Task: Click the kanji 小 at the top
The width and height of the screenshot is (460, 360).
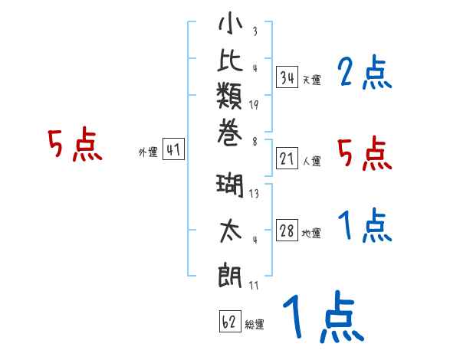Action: click(x=231, y=25)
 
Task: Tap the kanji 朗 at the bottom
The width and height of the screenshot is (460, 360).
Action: click(x=231, y=273)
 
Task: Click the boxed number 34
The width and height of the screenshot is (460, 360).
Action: click(x=287, y=77)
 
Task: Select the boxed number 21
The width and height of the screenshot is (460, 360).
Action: click(x=287, y=159)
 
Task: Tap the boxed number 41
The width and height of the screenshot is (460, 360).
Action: click(x=173, y=150)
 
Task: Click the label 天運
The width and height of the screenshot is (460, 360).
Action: click(x=312, y=80)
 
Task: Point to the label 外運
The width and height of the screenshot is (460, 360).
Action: click(x=147, y=152)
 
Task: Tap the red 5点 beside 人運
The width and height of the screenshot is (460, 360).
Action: click(x=365, y=153)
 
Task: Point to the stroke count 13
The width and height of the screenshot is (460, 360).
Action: click(x=254, y=194)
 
